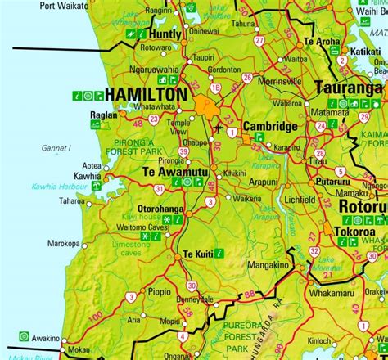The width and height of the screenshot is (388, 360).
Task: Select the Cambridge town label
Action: (x=269, y=127)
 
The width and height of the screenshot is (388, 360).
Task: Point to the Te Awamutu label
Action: (x=175, y=172)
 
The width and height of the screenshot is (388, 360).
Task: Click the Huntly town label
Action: (x=166, y=34)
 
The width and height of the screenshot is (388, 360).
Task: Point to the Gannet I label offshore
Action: (x=57, y=148)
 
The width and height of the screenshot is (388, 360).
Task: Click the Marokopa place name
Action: (x=63, y=243)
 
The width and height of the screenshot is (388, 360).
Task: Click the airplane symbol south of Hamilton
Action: (x=217, y=128)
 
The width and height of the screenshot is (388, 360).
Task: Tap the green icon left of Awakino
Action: (x=25, y=336)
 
